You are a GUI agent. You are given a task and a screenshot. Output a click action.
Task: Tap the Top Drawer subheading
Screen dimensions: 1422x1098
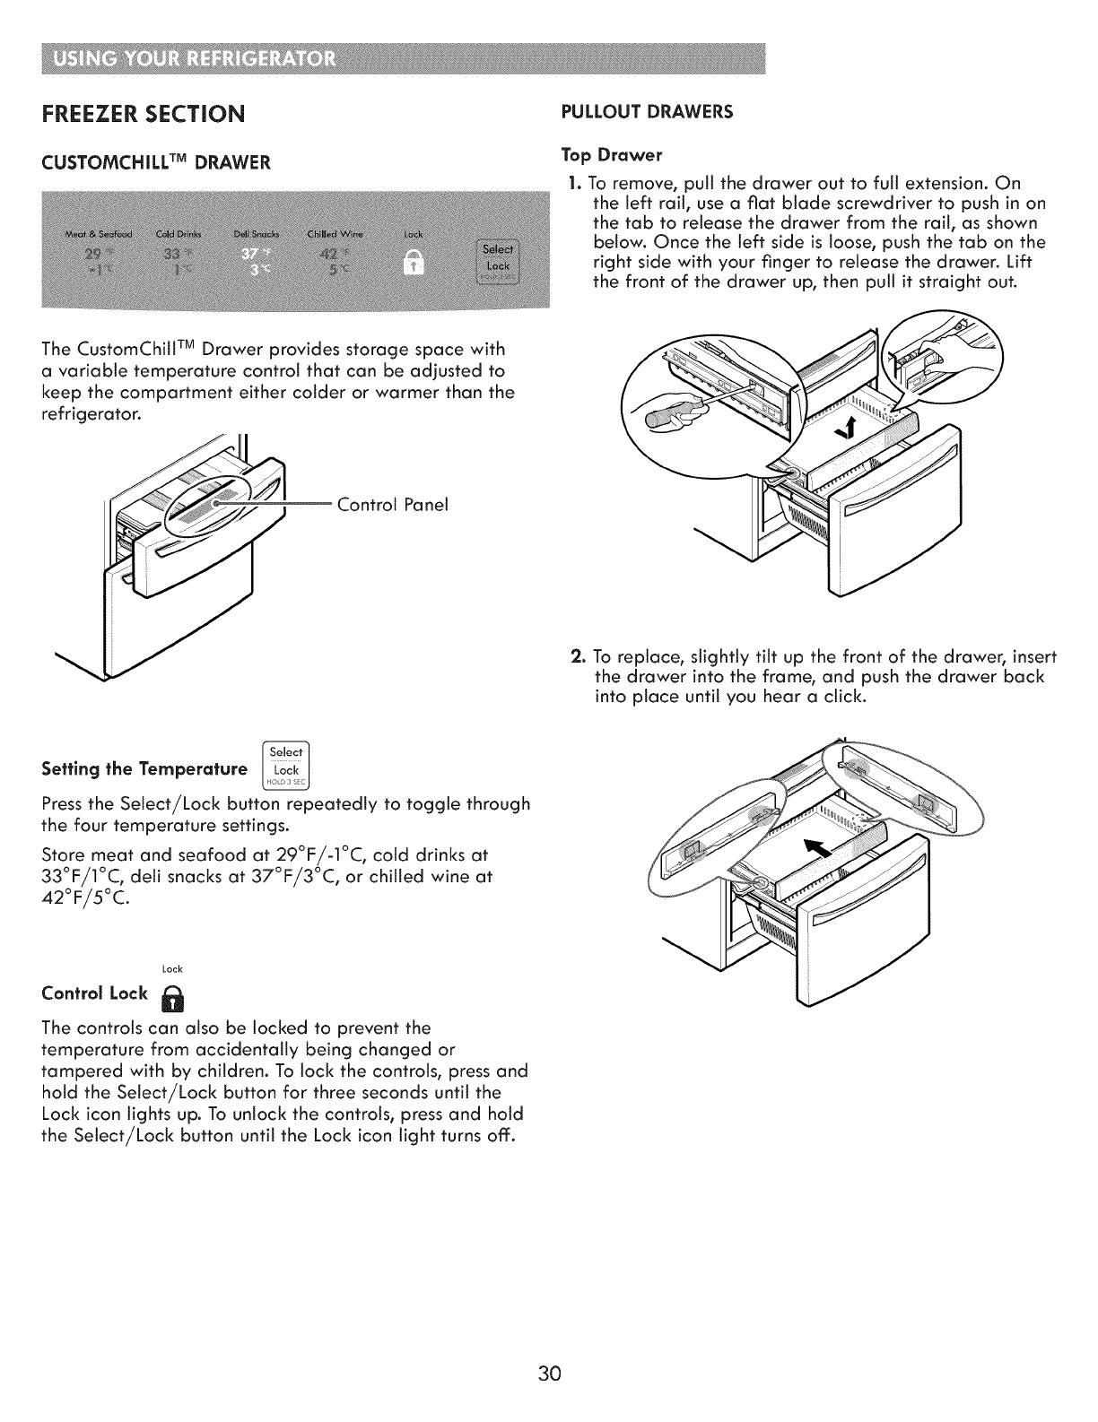click(x=611, y=155)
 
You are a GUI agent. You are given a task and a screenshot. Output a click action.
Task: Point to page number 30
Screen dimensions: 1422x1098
click(x=549, y=1374)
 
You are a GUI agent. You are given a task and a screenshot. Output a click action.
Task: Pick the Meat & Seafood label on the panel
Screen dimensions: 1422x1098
click(x=99, y=235)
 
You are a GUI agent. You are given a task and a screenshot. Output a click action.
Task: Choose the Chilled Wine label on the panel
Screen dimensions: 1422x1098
click(x=330, y=235)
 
